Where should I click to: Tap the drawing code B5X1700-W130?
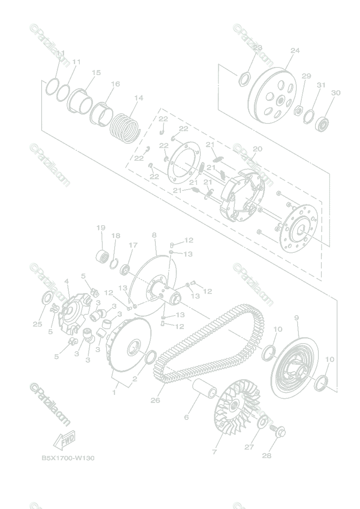coord(67,458)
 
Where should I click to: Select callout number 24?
coord(295,50)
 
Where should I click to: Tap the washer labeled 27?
coord(263,422)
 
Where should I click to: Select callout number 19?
coord(101,228)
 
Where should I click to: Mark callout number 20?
coord(257,149)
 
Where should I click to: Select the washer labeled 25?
coord(47,299)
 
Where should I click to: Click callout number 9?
coord(296,317)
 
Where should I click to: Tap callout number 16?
coord(115,84)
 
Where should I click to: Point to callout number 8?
coord(154,235)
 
